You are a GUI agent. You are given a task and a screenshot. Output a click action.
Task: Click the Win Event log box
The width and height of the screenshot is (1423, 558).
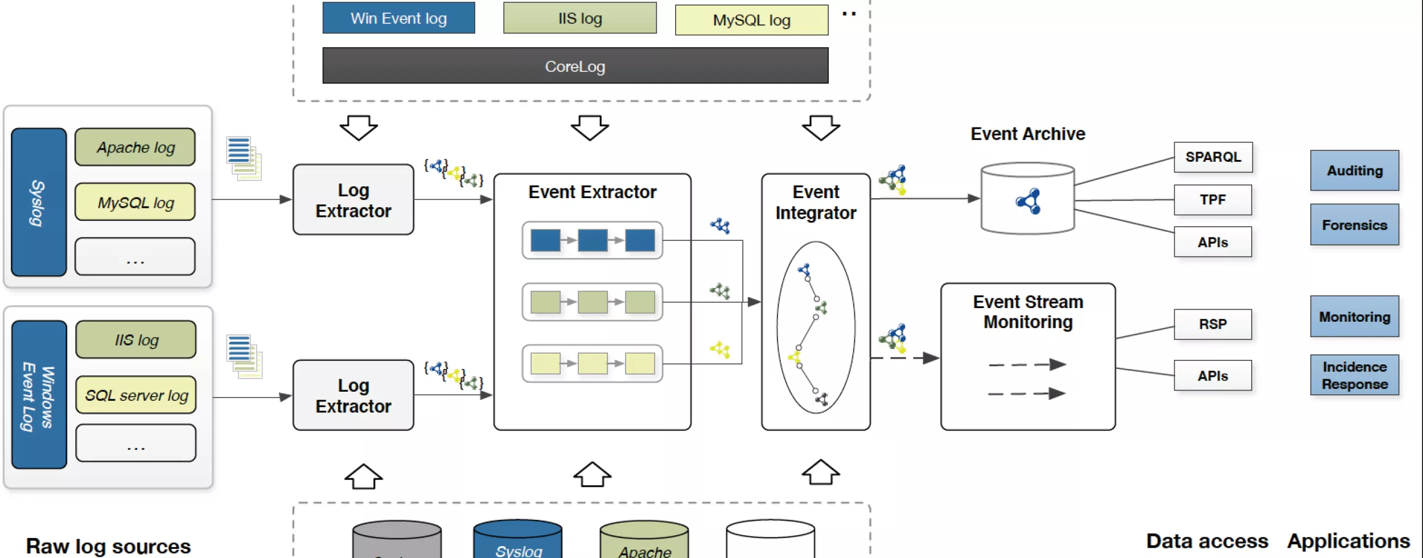[398, 18]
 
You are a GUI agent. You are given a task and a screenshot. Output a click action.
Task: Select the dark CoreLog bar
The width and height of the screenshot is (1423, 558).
[575, 66]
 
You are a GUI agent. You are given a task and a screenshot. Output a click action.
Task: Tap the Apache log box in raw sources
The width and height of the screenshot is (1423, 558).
[135, 147]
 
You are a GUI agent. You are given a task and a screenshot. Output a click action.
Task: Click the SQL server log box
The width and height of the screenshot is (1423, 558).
[136, 395]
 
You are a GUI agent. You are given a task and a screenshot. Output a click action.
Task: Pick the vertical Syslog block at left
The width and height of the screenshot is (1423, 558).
[38, 202]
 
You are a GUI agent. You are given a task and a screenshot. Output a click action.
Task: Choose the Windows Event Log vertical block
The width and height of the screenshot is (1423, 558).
[39, 395]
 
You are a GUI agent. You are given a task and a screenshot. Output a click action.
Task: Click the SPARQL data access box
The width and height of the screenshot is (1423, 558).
[1213, 157]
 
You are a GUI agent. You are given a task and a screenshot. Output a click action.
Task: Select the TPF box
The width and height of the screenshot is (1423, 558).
[1213, 200]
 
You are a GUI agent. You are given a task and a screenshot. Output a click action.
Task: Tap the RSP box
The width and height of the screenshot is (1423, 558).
[1213, 324]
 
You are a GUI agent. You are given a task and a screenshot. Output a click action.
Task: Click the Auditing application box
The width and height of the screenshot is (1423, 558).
[1355, 170]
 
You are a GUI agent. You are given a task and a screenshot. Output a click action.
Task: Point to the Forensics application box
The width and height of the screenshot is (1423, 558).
[1355, 225]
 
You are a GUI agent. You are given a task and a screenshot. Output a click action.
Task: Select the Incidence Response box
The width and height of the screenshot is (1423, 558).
[1355, 375]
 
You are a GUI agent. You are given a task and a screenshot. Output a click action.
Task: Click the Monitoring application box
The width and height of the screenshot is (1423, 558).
[1355, 317]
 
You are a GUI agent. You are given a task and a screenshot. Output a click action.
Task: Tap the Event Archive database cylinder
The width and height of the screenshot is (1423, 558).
[1028, 199]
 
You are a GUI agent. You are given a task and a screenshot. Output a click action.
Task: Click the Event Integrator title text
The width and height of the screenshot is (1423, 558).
[816, 203]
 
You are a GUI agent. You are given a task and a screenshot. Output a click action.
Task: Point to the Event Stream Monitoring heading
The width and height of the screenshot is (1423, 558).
[1028, 312]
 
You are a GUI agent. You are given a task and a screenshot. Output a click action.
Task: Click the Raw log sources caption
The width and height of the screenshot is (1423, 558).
[108, 545]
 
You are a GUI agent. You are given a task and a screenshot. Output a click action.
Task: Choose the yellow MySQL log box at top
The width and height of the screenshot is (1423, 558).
[751, 20]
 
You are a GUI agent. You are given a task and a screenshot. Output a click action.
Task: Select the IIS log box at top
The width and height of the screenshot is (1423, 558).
[579, 18]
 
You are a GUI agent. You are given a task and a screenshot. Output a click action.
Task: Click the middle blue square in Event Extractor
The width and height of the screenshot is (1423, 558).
[593, 240]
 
